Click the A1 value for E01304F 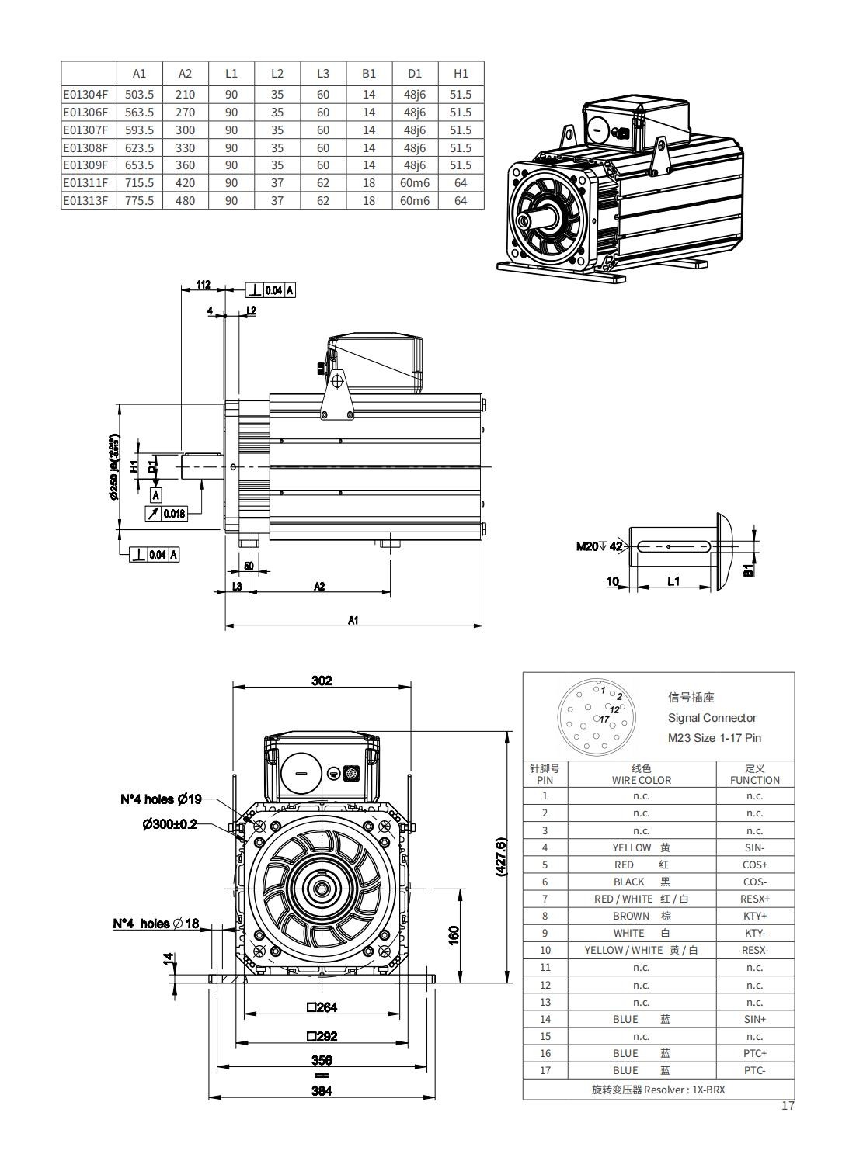[139, 94]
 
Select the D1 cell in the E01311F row [415, 183]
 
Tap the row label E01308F [85, 147]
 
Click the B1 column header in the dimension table [369, 74]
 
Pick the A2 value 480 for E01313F [185, 201]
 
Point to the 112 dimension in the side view [203, 285]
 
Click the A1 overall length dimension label [353, 620]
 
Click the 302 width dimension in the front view [322, 681]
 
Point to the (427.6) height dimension [500, 857]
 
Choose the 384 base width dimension [322, 1090]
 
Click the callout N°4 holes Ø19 [161, 799]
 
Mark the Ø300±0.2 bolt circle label [169, 823]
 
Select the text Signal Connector [712, 718]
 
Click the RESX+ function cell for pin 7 [754, 899]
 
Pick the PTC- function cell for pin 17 [754, 1070]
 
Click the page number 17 [788, 1106]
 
